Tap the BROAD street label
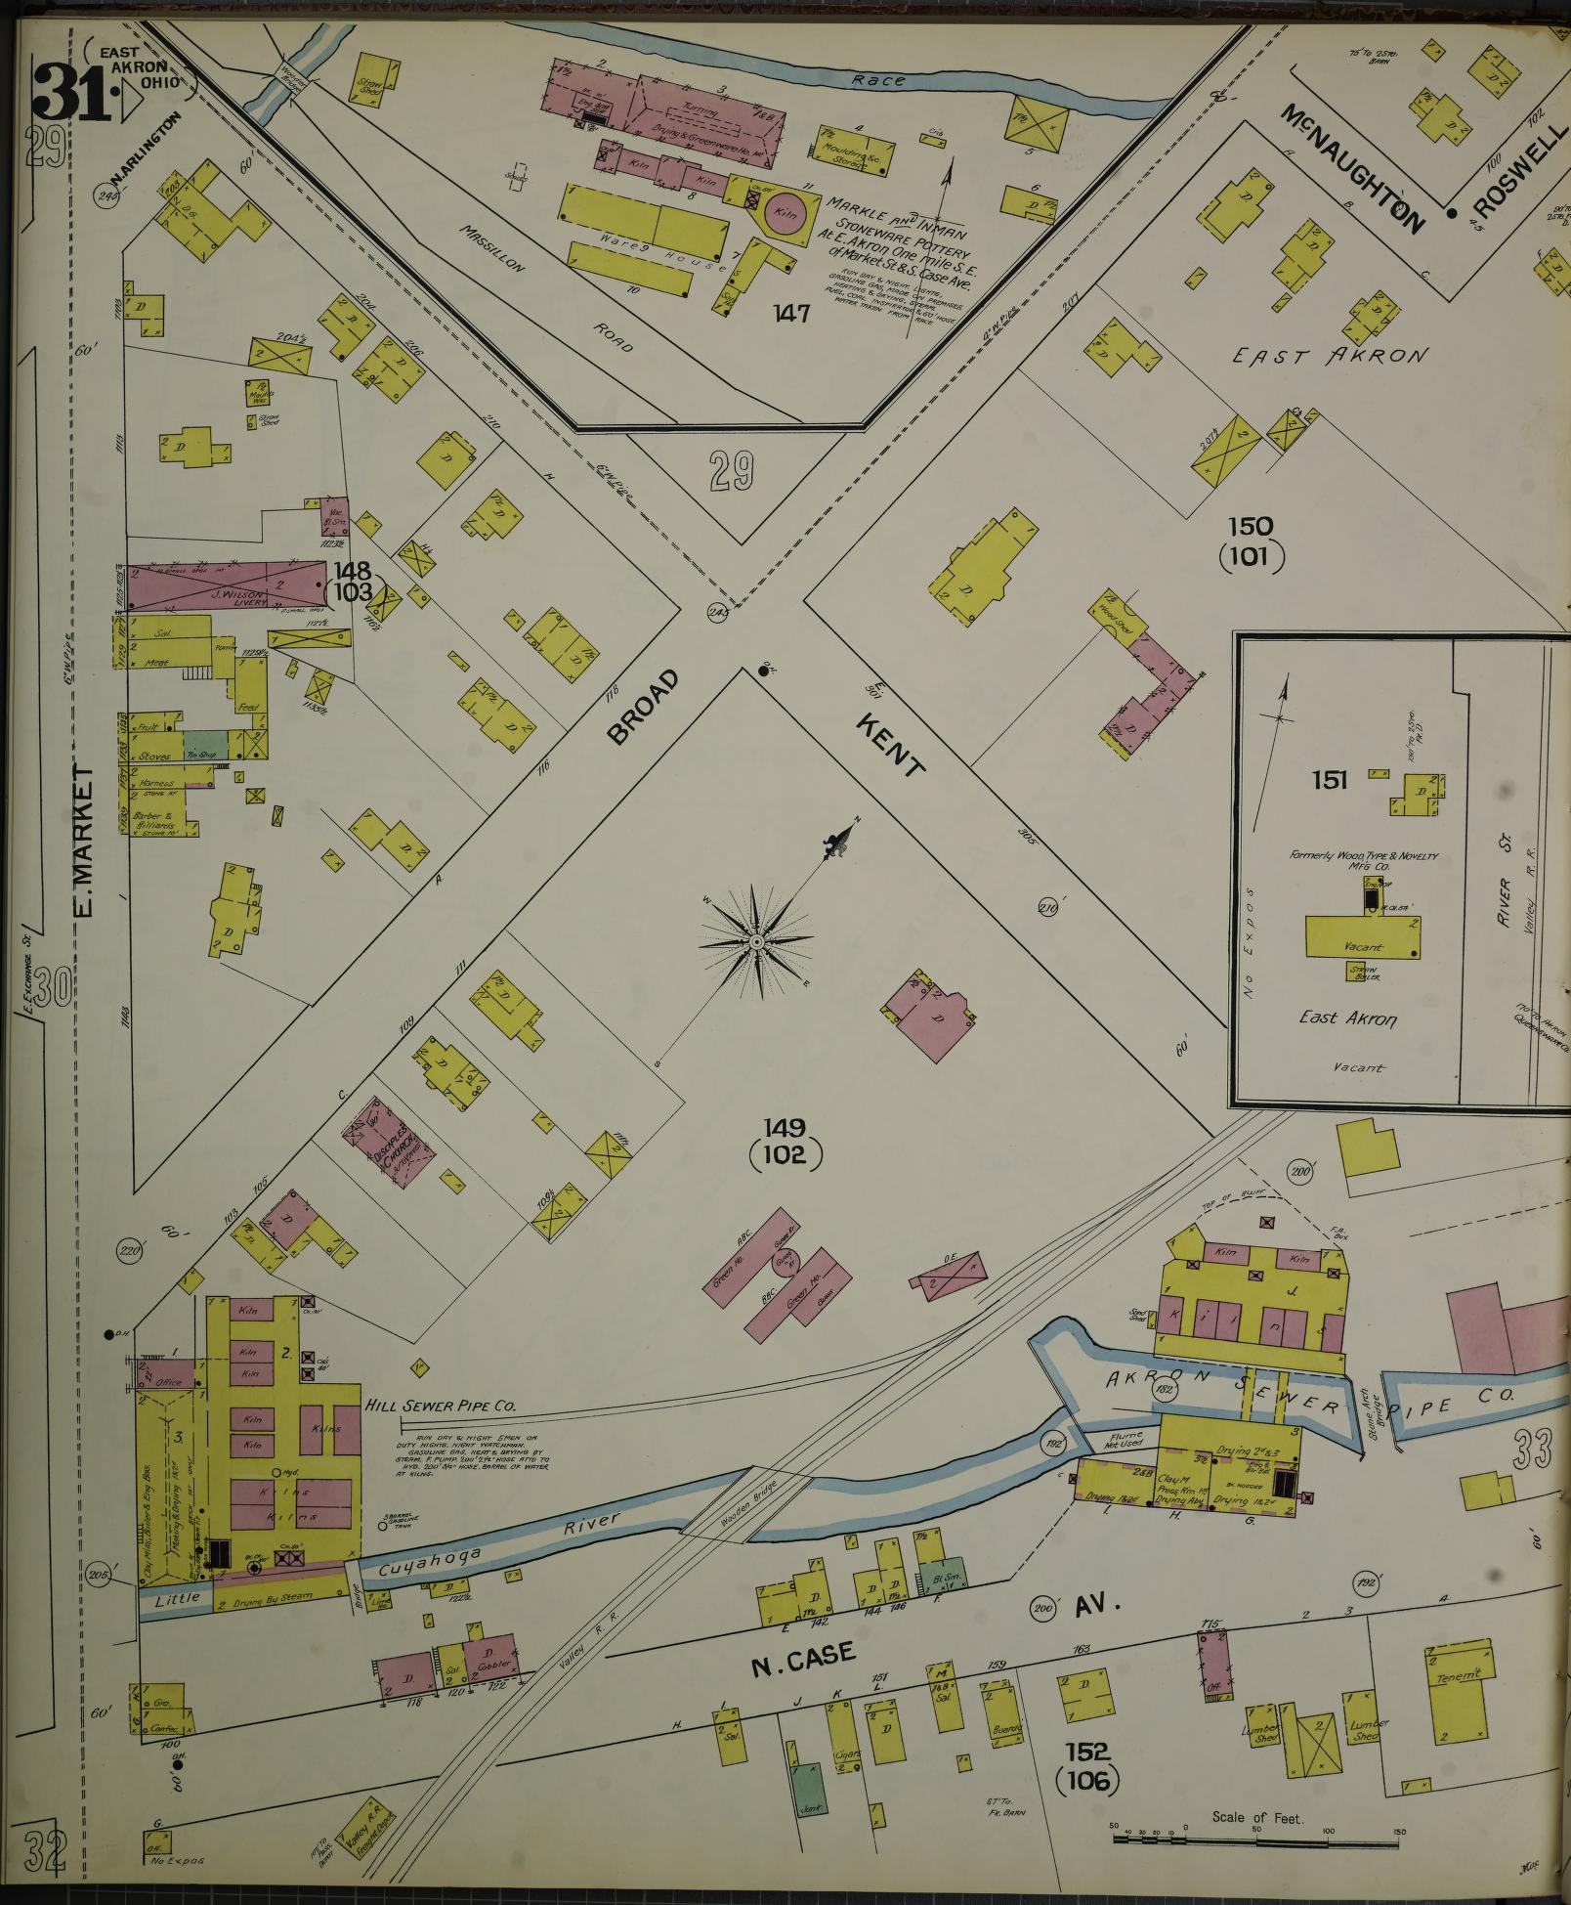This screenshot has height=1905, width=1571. [x=641, y=708]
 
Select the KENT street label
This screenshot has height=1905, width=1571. [x=889, y=745]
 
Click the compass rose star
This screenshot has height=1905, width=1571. [x=755, y=941]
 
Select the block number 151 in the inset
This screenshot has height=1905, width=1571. [x=1330, y=780]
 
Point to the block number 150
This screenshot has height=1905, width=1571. [x=1251, y=527]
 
